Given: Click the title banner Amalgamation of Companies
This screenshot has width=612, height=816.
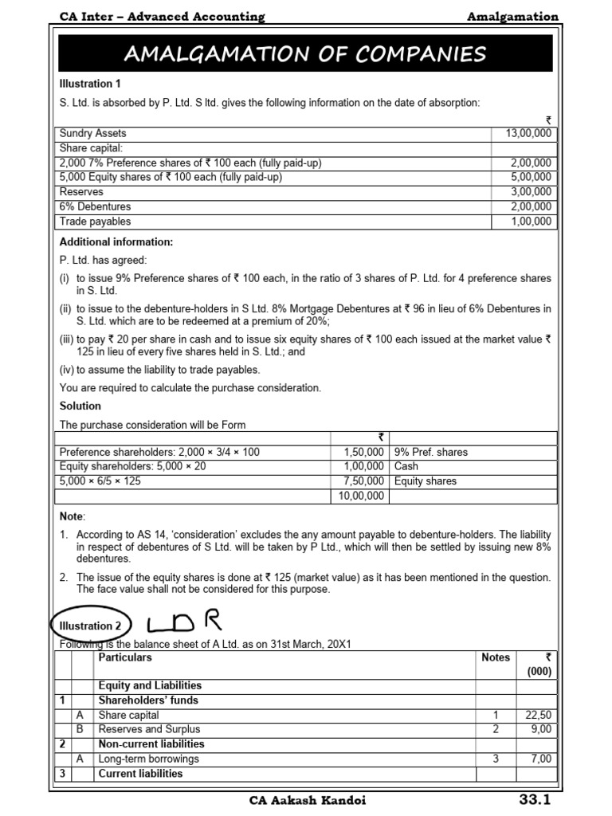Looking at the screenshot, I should [x=305, y=54].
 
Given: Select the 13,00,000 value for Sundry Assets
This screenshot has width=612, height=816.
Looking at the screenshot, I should [x=529, y=134].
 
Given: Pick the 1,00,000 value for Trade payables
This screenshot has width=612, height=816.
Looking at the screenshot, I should [x=531, y=222].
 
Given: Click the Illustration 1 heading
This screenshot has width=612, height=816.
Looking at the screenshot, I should [x=90, y=83].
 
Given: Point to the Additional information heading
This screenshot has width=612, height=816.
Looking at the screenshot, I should [x=116, y=242].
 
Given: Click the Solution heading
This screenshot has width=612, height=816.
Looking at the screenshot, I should [x=80, y=406].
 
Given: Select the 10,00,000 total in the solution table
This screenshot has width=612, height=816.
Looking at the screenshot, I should [x=359, y=496].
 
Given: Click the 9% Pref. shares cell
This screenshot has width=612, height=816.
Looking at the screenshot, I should [x=431, y=452].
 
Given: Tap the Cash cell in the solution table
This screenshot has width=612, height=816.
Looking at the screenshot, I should [x=406, y=466].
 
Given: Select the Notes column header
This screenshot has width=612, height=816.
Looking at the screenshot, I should [x=495, y=657].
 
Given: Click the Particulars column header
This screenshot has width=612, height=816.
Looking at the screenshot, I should [x=124, y=657].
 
